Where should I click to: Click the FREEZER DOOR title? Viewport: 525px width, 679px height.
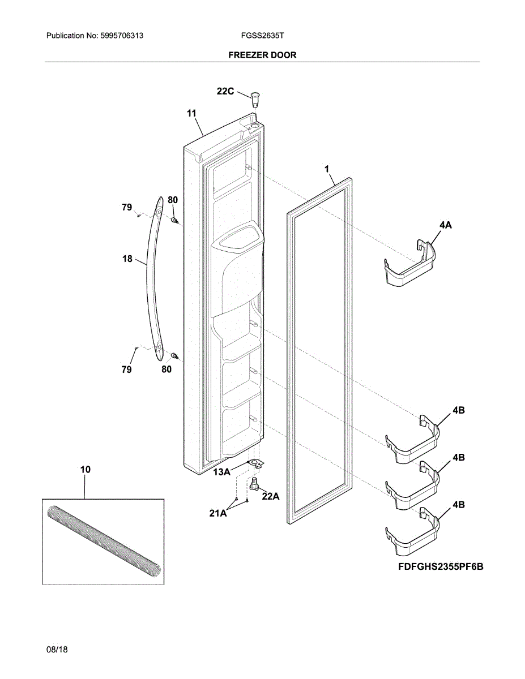(x=262, y=55)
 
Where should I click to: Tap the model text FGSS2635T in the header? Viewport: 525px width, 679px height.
(x=262, y=36)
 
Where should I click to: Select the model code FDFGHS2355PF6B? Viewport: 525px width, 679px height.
(x=440, y=566)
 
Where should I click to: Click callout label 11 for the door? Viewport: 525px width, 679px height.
(x=191, y=114)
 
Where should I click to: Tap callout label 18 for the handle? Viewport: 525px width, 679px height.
(x=127, y=259)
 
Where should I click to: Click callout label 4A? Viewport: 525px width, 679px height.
(x=445, y=225)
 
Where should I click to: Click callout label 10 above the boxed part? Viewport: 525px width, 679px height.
(x=85, y=470)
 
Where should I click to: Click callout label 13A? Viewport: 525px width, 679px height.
(x=221, y=471)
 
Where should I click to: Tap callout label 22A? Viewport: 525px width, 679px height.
(x=271, y=496)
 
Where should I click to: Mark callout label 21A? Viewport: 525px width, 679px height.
(x=218, y=513)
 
